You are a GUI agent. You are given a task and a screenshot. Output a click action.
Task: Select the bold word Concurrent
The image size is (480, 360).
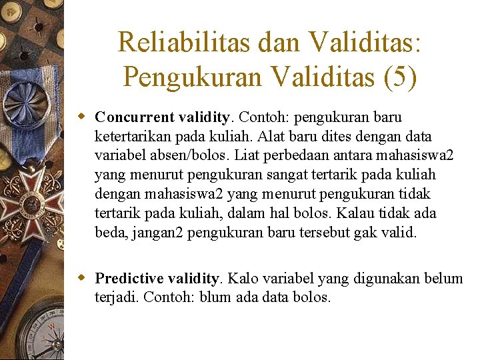135,117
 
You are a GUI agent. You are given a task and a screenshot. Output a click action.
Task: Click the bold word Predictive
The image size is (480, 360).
129,278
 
